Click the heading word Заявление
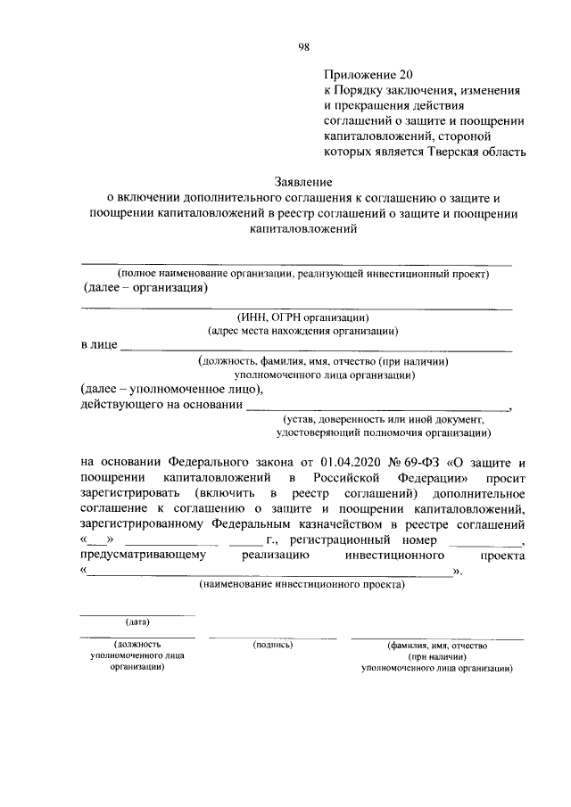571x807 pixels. tap(302, 181)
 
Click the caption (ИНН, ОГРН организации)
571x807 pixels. tap(302, 317)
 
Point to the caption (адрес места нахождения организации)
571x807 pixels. tap(302, 330)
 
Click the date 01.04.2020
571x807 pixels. tap(345, 461)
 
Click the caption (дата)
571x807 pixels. tap(137, 621)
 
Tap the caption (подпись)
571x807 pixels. tap(273, 644)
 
